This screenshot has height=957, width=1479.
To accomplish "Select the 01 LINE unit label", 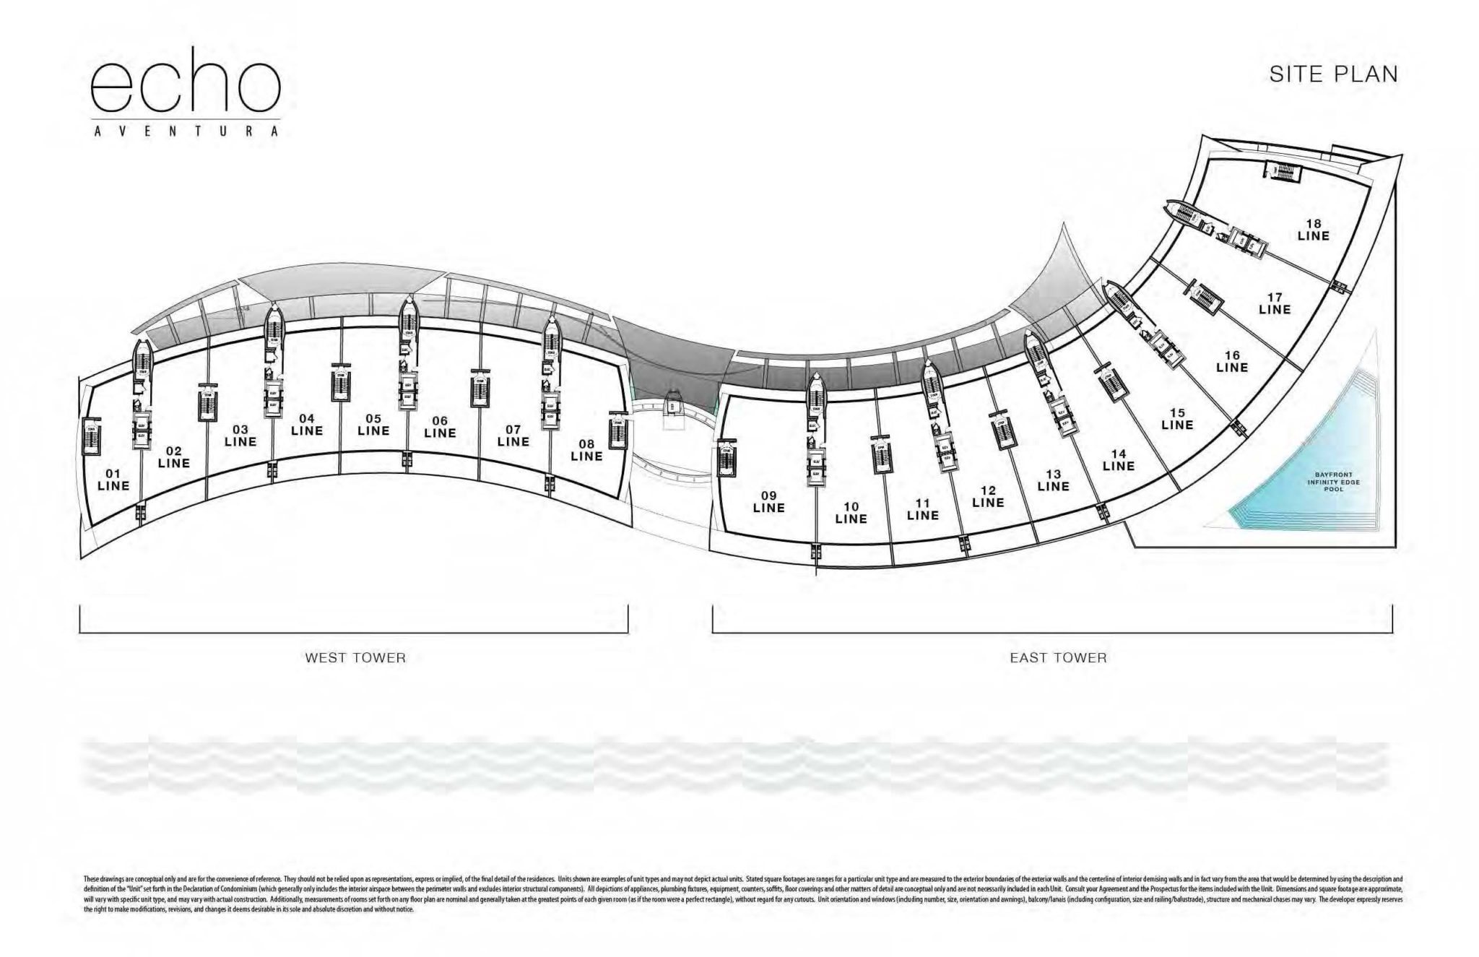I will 113,480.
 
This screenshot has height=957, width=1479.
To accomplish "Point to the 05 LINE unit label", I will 373,425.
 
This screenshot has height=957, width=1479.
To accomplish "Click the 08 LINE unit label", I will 586,450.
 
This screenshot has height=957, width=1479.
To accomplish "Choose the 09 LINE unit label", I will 768,501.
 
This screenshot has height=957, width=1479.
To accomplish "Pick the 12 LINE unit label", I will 988,496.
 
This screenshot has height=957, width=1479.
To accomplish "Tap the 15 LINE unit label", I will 1177,419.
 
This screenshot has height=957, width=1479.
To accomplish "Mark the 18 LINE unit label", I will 1313,230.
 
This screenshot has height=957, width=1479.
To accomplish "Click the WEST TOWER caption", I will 355,658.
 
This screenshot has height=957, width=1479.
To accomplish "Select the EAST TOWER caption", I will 1058,658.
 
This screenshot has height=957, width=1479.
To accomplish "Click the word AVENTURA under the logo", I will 186,131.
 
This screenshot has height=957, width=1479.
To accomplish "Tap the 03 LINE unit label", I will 240,436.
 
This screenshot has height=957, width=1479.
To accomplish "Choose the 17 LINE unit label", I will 1275,303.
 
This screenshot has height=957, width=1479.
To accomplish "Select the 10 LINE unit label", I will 851,513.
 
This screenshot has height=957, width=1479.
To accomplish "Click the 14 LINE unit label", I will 1119,460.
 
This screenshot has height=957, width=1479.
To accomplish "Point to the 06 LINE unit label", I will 440,427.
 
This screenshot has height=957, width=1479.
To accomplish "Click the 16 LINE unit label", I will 1232,361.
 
